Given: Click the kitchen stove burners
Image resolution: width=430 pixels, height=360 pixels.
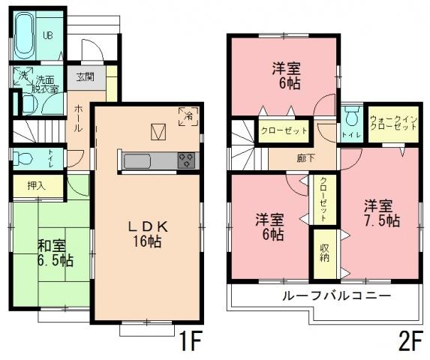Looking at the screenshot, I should (186, 160).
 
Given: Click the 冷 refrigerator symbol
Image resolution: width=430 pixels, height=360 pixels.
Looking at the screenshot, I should (188, 115).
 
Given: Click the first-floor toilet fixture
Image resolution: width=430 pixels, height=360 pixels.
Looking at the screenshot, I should (25, 159).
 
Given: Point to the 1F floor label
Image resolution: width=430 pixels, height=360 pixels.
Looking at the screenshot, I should (190, 343).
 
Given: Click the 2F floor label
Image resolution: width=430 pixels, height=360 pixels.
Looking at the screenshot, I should (408, 343).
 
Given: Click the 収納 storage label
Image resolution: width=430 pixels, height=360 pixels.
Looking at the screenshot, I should (324, 252).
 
